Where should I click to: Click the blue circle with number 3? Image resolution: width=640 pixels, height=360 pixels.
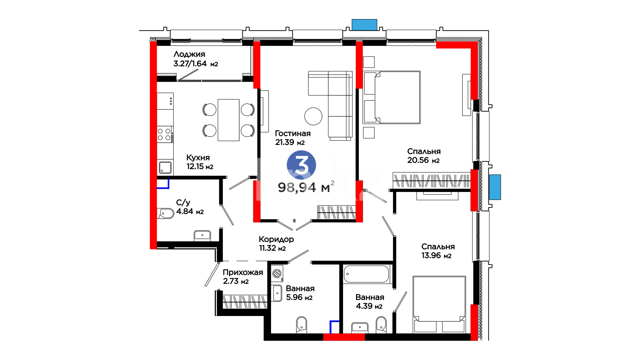[301, 165]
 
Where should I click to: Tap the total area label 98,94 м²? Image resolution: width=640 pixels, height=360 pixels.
[306, 187]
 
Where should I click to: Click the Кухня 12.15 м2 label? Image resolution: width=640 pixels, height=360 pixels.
[200, 162]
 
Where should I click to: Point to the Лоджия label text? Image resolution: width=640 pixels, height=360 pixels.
[189, 54]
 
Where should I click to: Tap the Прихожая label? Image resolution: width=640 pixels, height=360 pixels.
[243, 272]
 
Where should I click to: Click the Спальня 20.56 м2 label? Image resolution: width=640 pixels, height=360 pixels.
[424, 156]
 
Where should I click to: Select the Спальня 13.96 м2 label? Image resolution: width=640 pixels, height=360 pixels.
[438, 251]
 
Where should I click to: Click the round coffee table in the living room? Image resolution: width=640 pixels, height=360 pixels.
[313, 116]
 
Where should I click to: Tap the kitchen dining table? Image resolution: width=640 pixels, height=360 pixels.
[228, 120]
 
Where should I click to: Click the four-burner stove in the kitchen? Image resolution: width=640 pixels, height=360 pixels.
[165, 134]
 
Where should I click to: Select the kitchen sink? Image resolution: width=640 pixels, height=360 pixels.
[165, 167]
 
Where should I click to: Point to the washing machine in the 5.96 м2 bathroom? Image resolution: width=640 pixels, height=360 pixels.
[277, 274]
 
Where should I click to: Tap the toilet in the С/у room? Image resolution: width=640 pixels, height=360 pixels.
[165, 213]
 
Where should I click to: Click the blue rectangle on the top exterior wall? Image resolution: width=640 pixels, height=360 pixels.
[364, 25]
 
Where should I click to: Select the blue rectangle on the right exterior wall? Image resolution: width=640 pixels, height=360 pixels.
[495, 187]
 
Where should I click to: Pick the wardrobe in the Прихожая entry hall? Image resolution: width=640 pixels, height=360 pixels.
[245, 302]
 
